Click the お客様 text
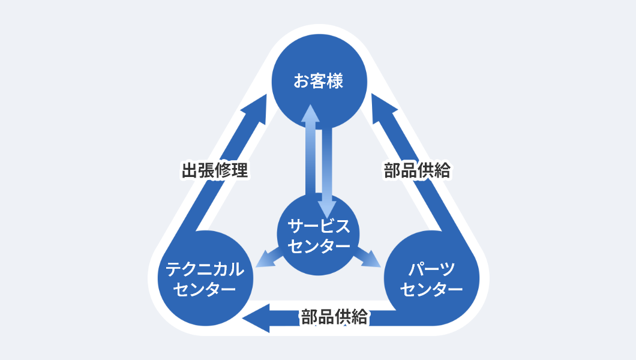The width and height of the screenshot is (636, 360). (318, 81)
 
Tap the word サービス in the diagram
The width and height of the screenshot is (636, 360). (318, 226)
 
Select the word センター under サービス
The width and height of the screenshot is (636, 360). (318, 246)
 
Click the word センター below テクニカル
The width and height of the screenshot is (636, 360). (205, 289)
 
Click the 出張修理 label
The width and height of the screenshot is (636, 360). (214, 170)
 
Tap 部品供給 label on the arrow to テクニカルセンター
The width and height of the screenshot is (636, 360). (334, 317)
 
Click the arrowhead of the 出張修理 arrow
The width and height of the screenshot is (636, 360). (255, 107)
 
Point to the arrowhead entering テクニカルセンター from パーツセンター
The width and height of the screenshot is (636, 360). (257, 317)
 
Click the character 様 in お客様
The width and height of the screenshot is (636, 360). (335, 81)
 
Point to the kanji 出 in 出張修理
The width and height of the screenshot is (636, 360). (190, 170)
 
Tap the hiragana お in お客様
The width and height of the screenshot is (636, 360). (301, 81)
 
